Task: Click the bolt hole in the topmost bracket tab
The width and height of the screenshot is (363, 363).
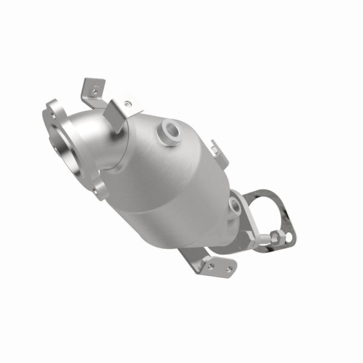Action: click(94, 90)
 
